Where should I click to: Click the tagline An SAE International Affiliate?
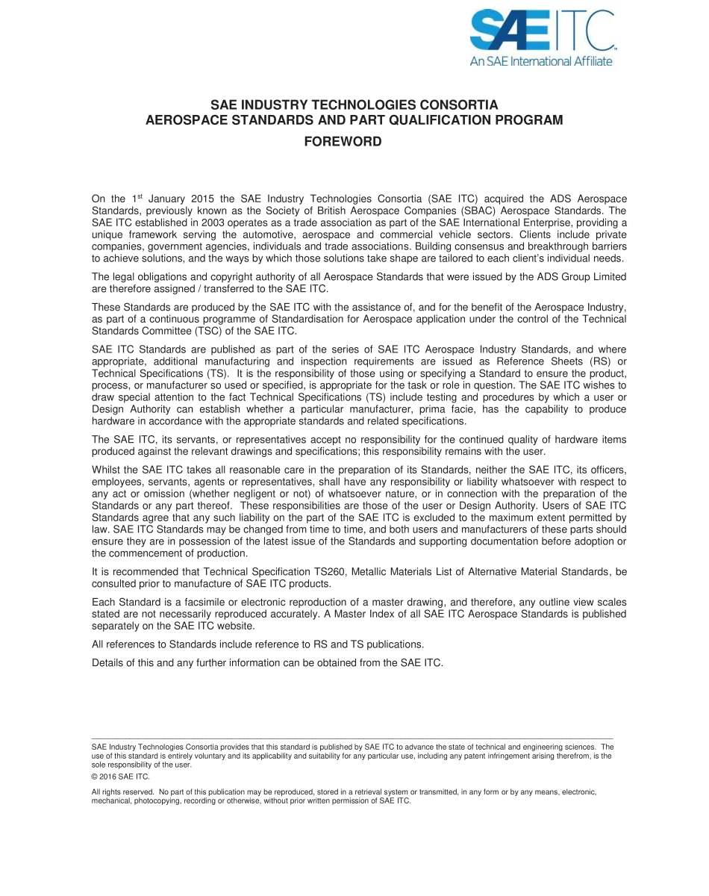point(540,61)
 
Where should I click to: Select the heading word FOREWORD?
point(343,142)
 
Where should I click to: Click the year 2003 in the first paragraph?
point(206,223)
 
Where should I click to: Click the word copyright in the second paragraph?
point(219,277)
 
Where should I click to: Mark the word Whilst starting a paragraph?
point(107,470)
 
